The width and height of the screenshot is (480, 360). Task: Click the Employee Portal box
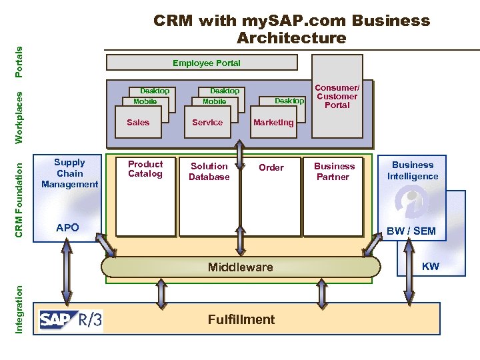pos(202,63)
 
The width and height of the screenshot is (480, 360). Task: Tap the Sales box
pos(138,122)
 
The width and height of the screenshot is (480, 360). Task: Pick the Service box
pos(207,122)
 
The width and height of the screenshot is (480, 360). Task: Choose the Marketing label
pos(273,122)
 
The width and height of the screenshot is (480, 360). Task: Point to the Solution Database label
pos(209,171)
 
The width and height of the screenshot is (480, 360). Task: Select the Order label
pos(271,167)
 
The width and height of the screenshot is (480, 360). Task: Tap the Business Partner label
pos(335,171)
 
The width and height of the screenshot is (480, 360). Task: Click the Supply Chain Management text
pos(69,173)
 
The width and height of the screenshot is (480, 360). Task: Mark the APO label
pos(68,227)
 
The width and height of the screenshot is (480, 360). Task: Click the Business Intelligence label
pos(413,171)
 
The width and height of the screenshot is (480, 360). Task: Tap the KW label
pos(431,267)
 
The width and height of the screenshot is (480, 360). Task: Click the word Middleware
pos(240,267)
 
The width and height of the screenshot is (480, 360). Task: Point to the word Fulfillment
pos(241,319)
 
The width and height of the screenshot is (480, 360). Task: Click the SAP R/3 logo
pos(71,320)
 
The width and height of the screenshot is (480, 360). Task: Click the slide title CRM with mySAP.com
pos(291,29)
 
